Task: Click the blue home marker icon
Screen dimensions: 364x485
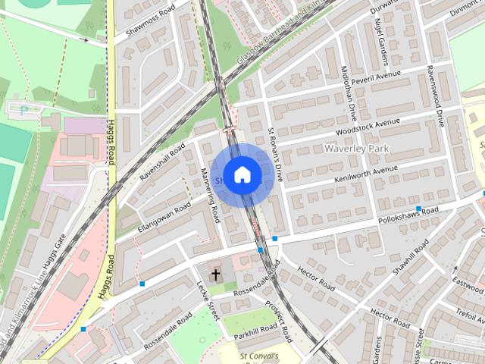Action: pos(242,175)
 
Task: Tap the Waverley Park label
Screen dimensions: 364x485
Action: pos(355,149)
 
